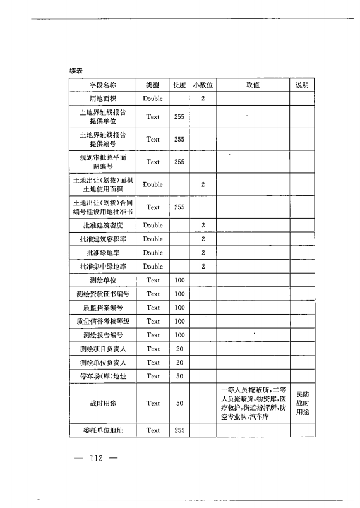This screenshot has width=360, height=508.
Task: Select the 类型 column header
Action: click(x=153, y=85)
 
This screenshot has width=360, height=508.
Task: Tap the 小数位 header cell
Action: click(x=203, y=85)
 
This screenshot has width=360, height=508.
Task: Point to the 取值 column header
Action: click(x=253, y=85)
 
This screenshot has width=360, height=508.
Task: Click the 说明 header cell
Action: click(x=302, y=85)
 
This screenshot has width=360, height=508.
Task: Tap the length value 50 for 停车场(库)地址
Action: click(x=179, y=377)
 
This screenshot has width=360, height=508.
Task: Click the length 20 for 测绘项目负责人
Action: click(x=179, y=349)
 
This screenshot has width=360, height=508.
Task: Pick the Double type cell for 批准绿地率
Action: click(x=153, y=253)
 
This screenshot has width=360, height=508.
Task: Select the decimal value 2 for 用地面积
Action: click(x=203, y=99)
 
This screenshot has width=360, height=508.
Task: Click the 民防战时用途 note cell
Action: click(x=302, y=403)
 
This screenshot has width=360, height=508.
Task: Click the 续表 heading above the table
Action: click(x=77, y=70)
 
